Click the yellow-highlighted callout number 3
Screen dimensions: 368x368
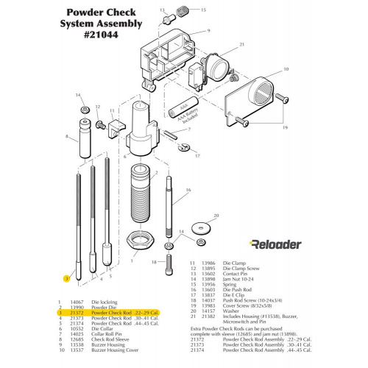(x=66, y=279)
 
